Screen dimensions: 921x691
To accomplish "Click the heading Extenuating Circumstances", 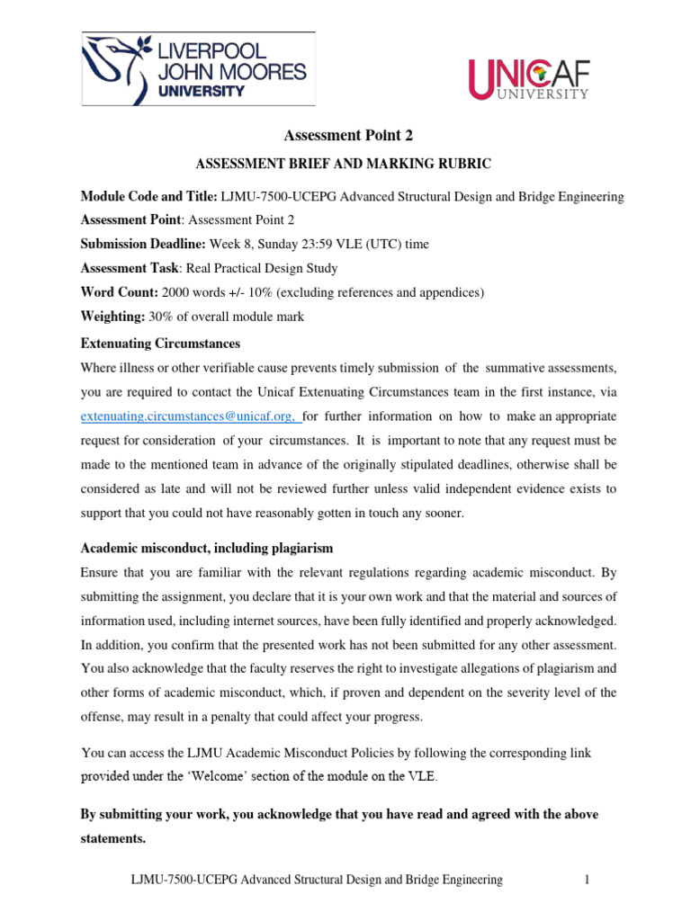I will (x=160, y=344).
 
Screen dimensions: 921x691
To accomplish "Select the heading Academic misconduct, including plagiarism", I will (x=206, y=549).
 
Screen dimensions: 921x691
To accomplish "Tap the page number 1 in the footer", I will (x=586, y=881).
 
